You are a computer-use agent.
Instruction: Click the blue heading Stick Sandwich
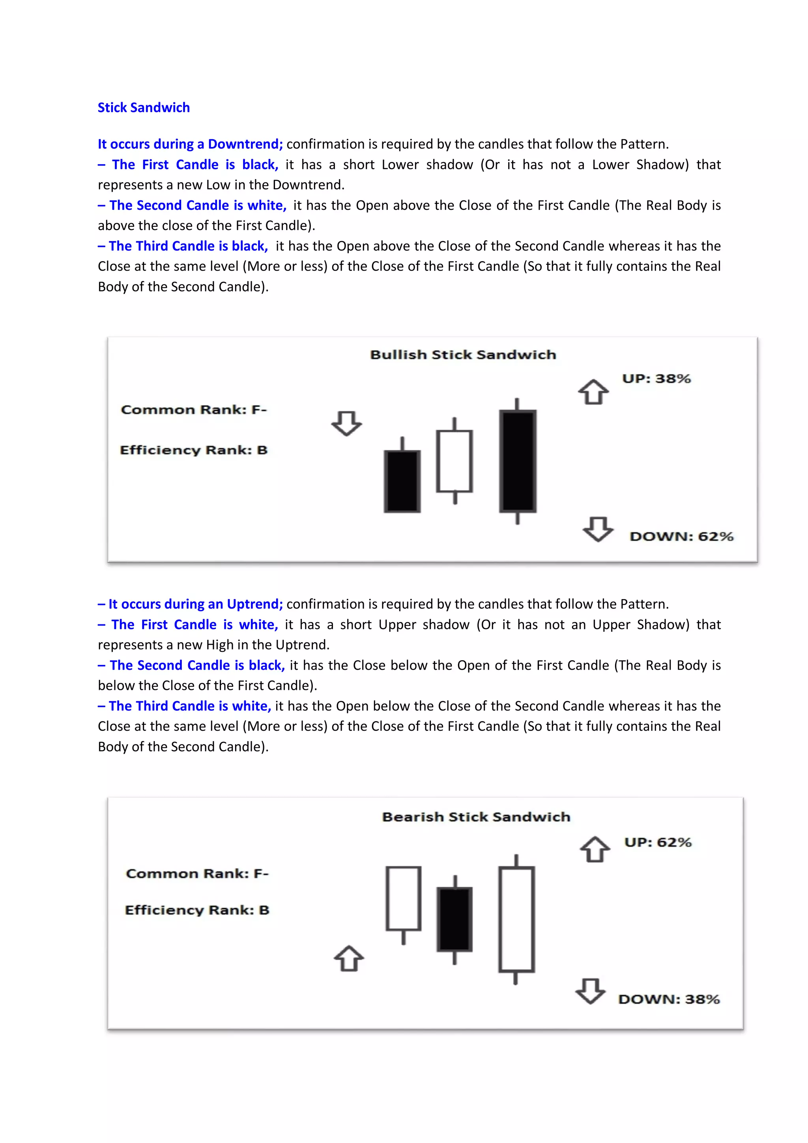point(143,108)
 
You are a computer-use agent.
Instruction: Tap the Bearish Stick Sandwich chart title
point(475,817)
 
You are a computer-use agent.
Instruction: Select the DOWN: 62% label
point(681,537)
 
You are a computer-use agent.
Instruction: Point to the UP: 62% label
point(658,842)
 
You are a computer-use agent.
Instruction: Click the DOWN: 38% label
point(669,999)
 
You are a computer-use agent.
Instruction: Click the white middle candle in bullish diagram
point(454,461)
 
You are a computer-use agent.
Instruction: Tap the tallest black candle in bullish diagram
point(517,461)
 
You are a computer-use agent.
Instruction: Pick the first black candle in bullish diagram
point(402,481)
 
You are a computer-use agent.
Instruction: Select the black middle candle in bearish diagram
point(454,919)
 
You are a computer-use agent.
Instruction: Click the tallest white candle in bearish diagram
point(516,919)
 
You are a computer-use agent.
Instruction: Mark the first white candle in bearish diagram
point(403,898)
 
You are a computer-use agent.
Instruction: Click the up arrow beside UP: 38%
point(593,392)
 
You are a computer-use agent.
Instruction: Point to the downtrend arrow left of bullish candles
point(346,423)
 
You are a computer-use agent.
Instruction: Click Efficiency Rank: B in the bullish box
point(194,450)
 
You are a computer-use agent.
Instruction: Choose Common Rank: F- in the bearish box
point(197,874)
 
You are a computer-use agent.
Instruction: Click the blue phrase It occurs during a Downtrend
point(190,144)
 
